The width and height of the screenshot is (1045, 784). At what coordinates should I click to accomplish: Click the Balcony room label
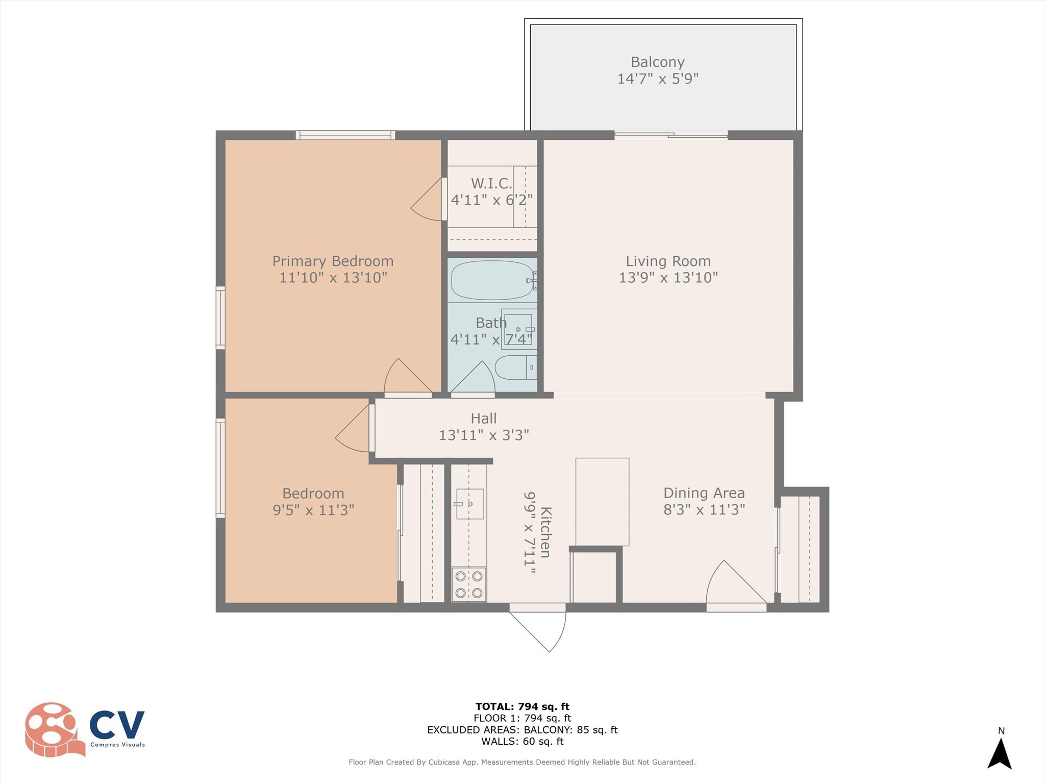[657, 62]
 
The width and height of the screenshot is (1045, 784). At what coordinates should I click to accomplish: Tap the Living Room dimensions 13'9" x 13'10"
[668, 278]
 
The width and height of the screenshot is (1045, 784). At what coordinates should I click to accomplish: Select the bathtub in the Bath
[491, 280]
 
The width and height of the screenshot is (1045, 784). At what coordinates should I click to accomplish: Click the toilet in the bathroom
[515, 367]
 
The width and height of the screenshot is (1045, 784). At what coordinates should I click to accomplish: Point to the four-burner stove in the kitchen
[469, 584]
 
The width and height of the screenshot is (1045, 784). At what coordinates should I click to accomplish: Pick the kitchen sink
[469, 504]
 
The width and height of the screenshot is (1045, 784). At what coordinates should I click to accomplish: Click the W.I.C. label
[491, 183]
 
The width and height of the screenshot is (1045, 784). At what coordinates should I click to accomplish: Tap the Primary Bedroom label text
[333, 261]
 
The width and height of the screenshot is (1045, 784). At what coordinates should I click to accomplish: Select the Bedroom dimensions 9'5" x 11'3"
[313, 510]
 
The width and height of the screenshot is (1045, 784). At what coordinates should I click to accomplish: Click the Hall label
[483, 419]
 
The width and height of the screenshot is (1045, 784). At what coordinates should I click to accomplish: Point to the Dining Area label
[704, 493]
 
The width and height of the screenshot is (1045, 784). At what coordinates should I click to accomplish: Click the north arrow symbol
[1000, 753]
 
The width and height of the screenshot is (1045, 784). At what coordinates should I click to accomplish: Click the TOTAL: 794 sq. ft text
[522, 706]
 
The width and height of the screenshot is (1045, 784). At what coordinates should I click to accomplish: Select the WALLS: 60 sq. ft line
[522, 741]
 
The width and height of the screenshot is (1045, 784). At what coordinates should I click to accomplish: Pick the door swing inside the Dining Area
[735, 584]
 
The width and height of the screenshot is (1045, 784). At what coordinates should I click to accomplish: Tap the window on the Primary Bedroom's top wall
[345, 135]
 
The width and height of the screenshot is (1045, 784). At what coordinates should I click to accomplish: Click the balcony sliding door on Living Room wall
[670, 135]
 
